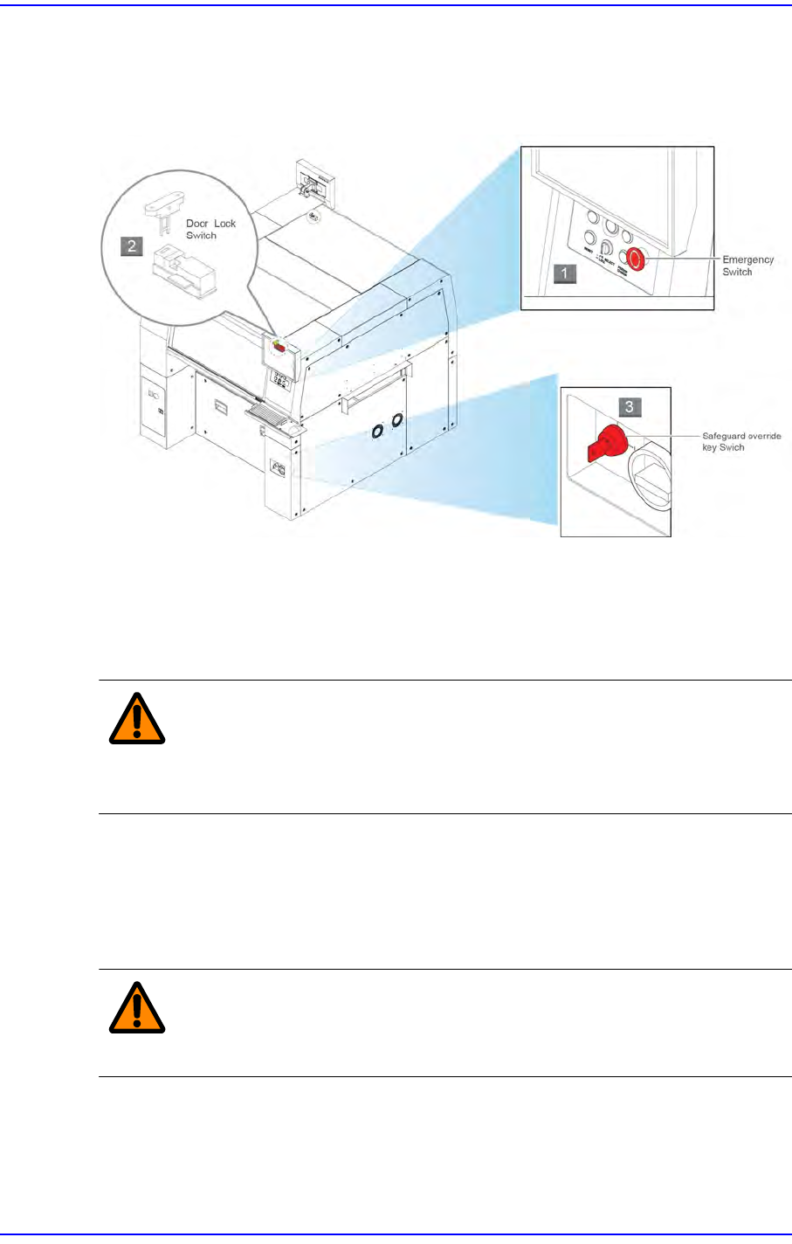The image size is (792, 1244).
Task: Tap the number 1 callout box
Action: [564, 273]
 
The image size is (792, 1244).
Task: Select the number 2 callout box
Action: [132, 245]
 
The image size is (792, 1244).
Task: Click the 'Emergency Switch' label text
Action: [747, 266]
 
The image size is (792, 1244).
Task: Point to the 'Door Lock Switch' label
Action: [210, 230]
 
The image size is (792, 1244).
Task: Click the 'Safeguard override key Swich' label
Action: [741, 441]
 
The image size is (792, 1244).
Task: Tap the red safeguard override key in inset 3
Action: [603, 444]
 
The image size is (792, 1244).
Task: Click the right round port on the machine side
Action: [397, 421]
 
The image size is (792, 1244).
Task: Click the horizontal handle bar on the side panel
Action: [376, 389]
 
